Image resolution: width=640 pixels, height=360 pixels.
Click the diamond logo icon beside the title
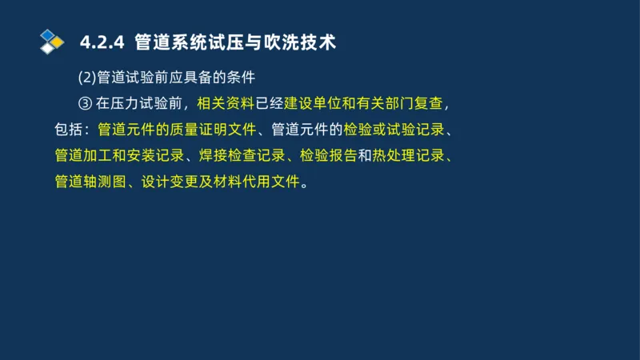(51, 40)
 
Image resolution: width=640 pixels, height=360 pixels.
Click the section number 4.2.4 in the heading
(104, 42)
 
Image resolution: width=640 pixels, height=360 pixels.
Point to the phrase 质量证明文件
(210, 129)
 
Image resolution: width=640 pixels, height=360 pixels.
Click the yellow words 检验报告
(327, 155)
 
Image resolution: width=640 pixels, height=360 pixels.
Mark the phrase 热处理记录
(408, 155)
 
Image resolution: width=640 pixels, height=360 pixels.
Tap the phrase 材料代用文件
(262, 182)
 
